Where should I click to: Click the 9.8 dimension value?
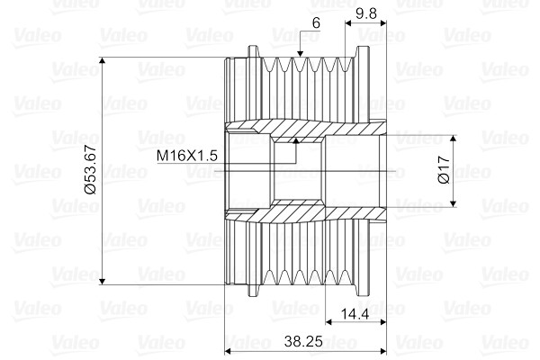coord(366,13)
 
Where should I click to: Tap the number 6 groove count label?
coord(316,23)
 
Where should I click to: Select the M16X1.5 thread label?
coord(187,156)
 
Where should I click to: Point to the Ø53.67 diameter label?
coord(92,169)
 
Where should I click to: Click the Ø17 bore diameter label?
coord(444,169)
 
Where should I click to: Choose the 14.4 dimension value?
coord(355,314)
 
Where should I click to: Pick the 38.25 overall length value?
coord(303,341)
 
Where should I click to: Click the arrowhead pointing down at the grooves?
coord(300,53)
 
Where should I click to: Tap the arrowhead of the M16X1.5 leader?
coord(295,140)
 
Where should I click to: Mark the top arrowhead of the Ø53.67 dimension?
coord(102,60)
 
